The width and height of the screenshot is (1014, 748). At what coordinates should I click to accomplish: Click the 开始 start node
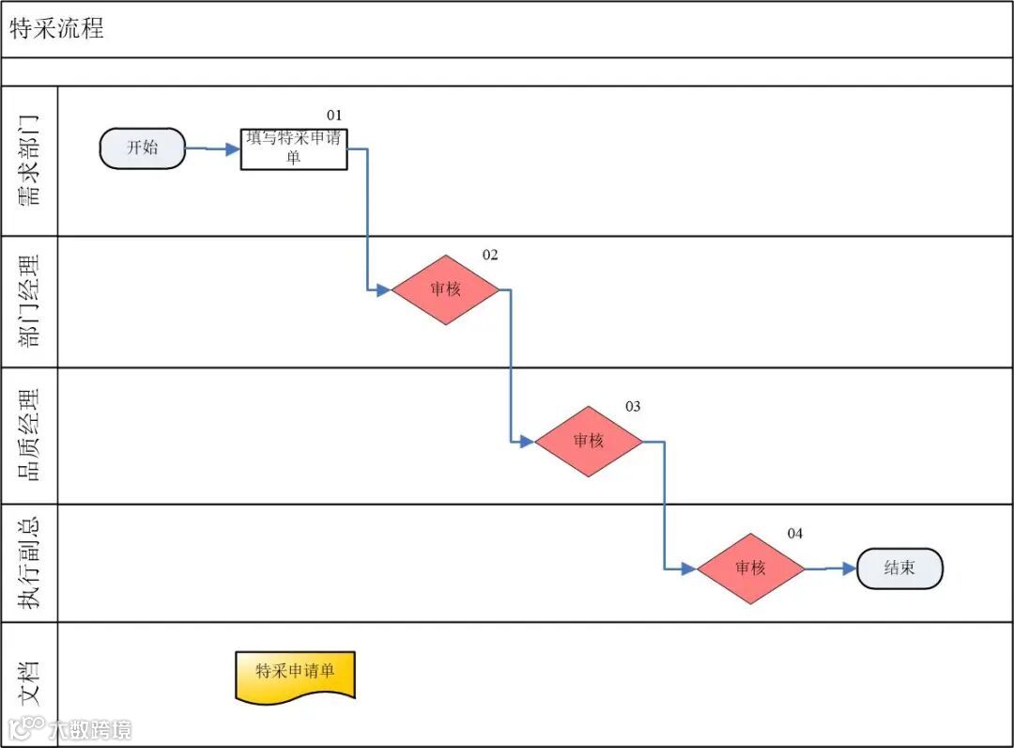tap(143, 148)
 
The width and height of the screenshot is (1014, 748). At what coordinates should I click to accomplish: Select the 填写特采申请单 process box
tap(294, 149)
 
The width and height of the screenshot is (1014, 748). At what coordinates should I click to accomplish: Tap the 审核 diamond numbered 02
tap(445, 289)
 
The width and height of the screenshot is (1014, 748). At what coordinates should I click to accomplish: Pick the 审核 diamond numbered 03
tap(589, 441)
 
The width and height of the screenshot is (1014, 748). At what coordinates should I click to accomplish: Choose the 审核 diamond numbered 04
tap(750, 569)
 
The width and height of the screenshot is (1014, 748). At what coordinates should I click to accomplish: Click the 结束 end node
tap(899, 569)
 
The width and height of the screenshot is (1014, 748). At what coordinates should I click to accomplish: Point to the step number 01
tap(335, 115)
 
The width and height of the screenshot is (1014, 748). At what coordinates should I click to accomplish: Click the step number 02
tap(490, 255)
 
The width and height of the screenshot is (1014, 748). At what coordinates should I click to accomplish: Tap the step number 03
tap(633, 406)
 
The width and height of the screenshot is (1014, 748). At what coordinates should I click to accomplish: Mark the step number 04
tap(795, 534)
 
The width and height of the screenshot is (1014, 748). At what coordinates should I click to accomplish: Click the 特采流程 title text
tap(56, 29)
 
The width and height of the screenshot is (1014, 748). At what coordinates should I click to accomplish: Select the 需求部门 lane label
tap(30, 161)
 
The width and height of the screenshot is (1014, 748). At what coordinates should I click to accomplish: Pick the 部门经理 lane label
tap(30, 301)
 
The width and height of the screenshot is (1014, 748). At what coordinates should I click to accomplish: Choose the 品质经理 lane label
tap(30, 435)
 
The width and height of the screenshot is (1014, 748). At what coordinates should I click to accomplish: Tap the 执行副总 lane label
tap(30, 563)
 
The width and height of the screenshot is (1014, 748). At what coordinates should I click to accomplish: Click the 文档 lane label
tap(30, 683)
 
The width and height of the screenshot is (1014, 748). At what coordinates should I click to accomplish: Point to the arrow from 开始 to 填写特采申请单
tap(213, 148)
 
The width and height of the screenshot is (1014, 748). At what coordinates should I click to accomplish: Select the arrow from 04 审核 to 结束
tap(831, 569)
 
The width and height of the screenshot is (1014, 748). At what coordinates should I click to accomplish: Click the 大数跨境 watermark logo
tap(69, 729)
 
